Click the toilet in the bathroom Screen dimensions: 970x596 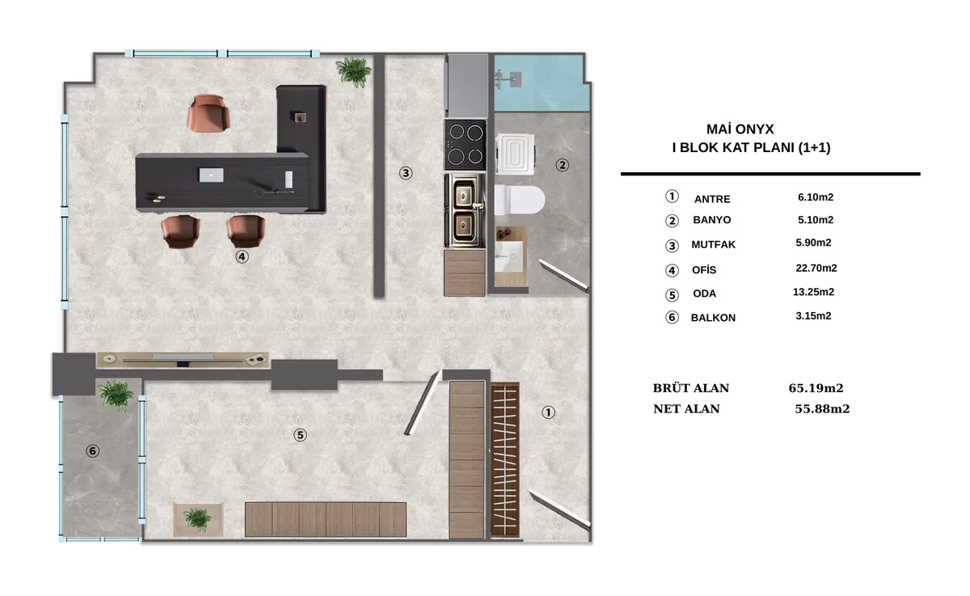[x=519, y=200]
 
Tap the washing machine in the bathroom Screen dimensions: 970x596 [x=516, y=154]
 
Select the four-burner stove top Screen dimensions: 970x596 [x=465, y=145]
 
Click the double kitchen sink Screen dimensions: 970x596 [x=465, y=211]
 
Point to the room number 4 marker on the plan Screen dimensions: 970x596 [x=242, y=257]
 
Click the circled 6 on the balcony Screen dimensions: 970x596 [x=92, y=451]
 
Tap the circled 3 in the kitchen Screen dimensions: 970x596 [x=405, y=173]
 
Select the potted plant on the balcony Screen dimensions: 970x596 [x=115, y=395]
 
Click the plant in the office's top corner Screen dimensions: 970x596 [x=353, y=71]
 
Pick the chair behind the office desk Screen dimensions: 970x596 [x=209, y=112]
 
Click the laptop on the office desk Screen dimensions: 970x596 [x=211, y=175]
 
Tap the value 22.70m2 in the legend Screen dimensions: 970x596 [x=816, y=268]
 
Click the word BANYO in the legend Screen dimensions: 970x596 [x=711, y=220]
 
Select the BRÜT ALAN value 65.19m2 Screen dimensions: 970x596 [x=816, y=387]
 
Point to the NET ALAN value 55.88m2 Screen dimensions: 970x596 [x=822, y=408]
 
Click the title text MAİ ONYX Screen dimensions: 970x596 [x=740, y=129]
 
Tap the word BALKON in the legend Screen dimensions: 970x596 [x=713, y=318]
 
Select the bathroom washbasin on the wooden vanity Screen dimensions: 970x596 [x=509, y=256]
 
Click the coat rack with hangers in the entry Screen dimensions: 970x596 [x=505, y=460]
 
